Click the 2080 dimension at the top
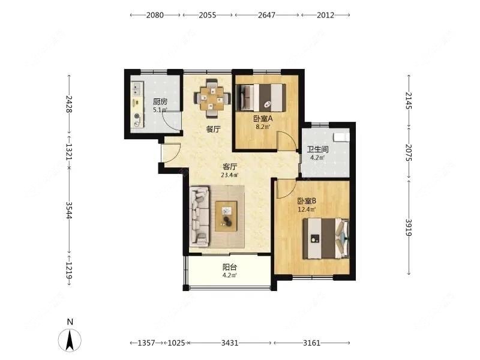[x=155, y=15]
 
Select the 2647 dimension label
[x=266, y=15]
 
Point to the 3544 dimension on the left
[x=69, y=211]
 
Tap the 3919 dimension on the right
[x=409, y=228]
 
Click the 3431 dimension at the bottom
[x=230, y=343]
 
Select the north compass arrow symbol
[x=70, y=340]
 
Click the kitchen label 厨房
[x=160, y=101]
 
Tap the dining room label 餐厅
[x=213, y=129]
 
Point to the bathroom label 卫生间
[x=318, y=149]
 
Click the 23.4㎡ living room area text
[x=230, y=175]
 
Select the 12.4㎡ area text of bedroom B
[x=307, y=209]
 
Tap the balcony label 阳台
[x=230, y=267]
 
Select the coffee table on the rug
[x=226, y=216]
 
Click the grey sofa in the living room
[x=200, y=217]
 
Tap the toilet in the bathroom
[x=341, y=137]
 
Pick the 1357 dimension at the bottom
[x=146, y=343]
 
